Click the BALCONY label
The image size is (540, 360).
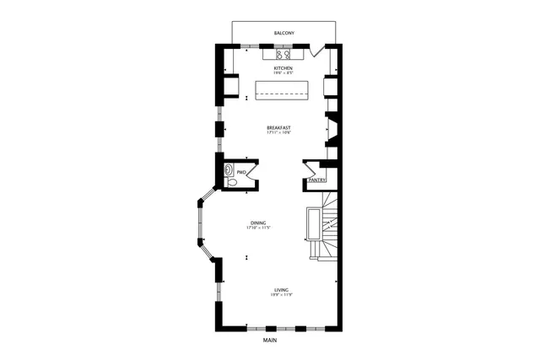coord(284,34)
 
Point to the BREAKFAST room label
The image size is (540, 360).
coord(278,127)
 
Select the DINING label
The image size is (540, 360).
coord(257,223)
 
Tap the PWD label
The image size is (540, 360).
coord(241,172)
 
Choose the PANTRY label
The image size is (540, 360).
coord(317,180)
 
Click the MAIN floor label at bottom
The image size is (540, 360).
coord(270,341)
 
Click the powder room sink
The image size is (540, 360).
coord(229,169)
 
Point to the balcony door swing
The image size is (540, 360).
coord(316,51)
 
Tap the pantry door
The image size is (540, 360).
coord(310,167)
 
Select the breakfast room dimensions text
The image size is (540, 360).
coord(278,133)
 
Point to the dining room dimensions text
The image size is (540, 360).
coord(257,228)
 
